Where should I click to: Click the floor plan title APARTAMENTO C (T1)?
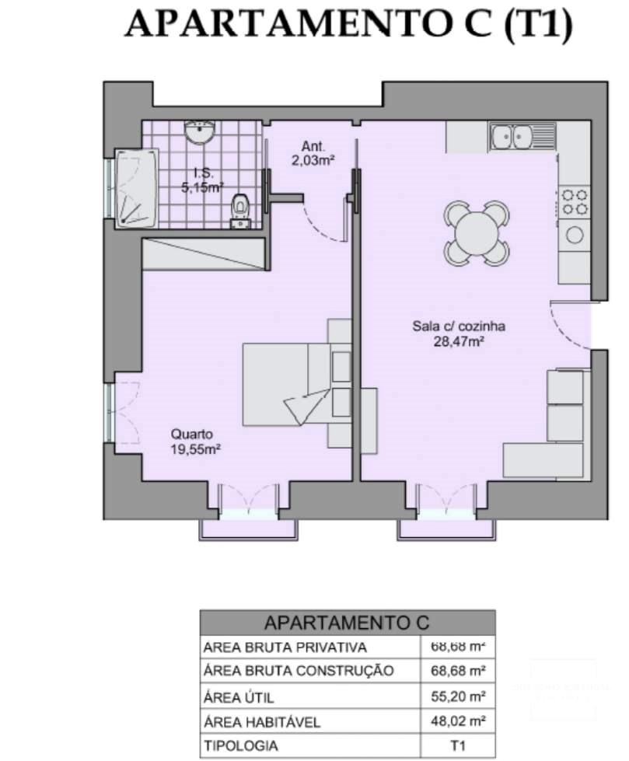point(348,25)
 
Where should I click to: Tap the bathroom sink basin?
point(201,131)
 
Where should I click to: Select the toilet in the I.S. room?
point(241,209)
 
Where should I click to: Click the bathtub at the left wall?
point(136,188)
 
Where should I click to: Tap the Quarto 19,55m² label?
point(192,442)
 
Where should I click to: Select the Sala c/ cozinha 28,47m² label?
point(458,333)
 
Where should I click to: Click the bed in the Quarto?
point(288,384)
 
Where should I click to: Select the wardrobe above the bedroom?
point(204,254)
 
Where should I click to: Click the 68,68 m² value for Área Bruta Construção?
point(458,670)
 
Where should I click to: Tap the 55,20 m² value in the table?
point(458,696)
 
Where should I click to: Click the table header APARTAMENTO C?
point(347,623)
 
